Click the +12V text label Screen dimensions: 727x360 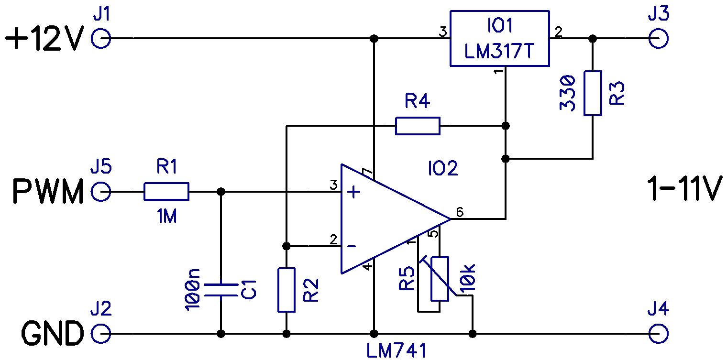(x=45, y=39)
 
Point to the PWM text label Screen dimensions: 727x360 (x=48, y=192)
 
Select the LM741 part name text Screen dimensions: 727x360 (x=397, y=350)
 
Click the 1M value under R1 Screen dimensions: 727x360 (x=167, y=216)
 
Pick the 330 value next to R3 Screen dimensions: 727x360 (x=568, y=93)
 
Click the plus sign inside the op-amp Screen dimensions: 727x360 (x=354, y=192)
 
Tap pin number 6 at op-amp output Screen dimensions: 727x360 (x=460, y=212)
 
